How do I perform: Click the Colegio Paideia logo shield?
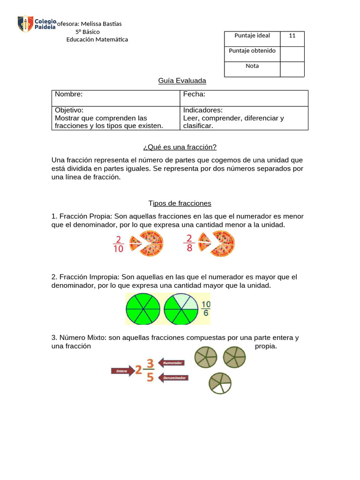pyautogui.click(x=25, y=24)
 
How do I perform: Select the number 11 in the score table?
pyautogui.click(x=292, y=36)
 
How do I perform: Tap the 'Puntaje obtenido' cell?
pyautogui.click(x=252, y=51)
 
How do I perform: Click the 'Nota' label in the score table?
pyautogui.click(x=252, y=66)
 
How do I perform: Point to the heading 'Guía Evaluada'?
pyautogui.click(x=182, y=81)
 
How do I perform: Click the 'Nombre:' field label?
pyautogui.click(x=68, y=94)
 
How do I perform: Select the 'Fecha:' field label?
pyautogui.click(x=194, y=94)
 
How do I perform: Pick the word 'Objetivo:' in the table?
pyautogui.click(x=69, y=110)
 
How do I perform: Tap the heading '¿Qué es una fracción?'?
pyautogui.click(x=180, y=147)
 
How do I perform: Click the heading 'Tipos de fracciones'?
pyautogui.click(x=180, y=203)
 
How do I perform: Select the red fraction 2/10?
pyautogui.click(x=118, y=244)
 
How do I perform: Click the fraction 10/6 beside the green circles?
pyautogui.click(x=206, y=308)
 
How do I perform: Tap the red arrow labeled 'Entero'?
pyautogui.click(x=122, y=371)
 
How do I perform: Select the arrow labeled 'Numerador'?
pyautogui.click(x=172, y=362)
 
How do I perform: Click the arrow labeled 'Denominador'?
pyautogui.click(x=173, y=377)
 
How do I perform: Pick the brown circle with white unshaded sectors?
pyautogui.click(x=220, y=383)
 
